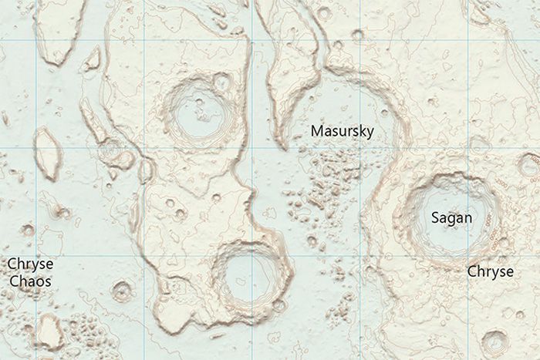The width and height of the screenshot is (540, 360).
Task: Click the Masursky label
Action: click(x=342, y=131)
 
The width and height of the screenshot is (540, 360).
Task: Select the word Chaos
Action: click(x=30, y=281)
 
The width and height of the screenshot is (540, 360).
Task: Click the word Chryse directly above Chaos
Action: click(x=30, y=264)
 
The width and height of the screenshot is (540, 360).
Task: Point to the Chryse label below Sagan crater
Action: click(x=490, y=272)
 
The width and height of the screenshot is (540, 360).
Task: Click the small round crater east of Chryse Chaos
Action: click(x=122, y=291)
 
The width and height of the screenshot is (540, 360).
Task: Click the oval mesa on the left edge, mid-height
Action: click(x=48, y=153)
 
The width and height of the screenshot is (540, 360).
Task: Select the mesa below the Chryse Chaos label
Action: click(x=49, y=332)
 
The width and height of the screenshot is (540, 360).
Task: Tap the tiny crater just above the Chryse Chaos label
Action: click(x=28, y=230)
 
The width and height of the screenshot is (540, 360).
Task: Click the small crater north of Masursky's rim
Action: click(x=356, y=35)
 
